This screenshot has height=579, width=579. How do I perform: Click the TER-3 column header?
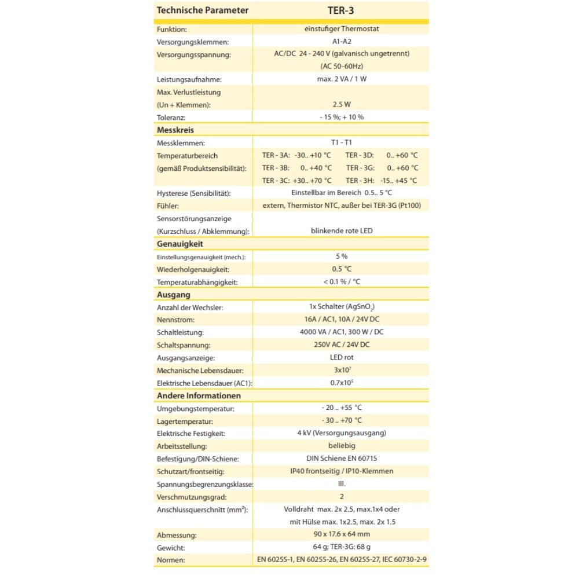[342, 10]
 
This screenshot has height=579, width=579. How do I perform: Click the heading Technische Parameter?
[203, 10]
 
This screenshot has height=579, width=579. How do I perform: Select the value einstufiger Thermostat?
[342, 29]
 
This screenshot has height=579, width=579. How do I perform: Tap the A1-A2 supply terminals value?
[342, 42]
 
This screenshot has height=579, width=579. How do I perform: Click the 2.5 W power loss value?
[342, 104]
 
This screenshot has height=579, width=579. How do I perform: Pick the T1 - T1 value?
[342, 142]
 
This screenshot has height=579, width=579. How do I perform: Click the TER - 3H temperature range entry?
[382, 181]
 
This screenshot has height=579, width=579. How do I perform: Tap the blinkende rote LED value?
[342, 230]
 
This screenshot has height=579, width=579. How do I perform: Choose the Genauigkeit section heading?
[180, 244]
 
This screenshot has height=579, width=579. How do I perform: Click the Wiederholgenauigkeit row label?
[193, 269]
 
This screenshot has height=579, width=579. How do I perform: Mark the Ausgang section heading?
[174, 295]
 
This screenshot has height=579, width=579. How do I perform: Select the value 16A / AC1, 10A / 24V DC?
[342, 320]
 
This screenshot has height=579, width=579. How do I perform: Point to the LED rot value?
[342, 358]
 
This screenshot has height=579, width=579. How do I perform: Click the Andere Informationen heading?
[199, 395]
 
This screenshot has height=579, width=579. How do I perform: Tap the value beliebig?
[342, 446]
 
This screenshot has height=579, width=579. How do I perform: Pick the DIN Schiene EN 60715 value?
[342, 459]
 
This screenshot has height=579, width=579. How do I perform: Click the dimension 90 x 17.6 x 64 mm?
[342, 534]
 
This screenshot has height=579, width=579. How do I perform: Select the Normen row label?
[171, 560]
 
